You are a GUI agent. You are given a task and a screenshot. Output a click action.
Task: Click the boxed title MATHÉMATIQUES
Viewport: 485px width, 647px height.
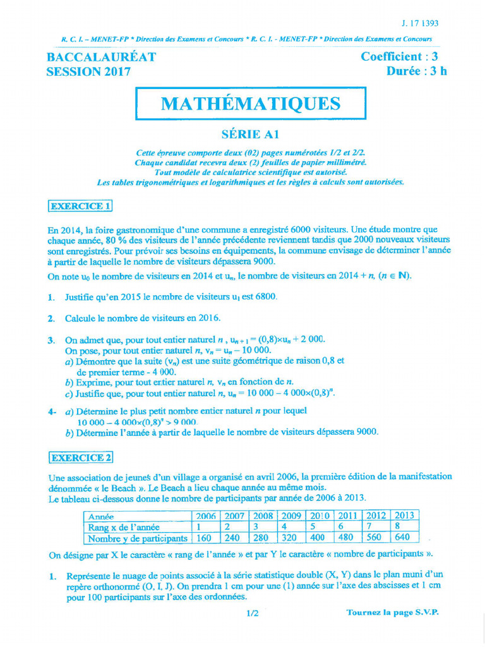pyautogui.click(x=251, y=104)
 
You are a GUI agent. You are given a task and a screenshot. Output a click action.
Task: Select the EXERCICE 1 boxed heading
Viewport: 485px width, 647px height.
pyautogui.click(x=80, y=206)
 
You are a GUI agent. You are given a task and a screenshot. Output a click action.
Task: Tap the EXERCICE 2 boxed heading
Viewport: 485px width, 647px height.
pyautogui.click(x=81, y=457)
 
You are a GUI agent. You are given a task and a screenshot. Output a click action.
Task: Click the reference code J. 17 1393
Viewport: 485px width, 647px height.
pyautogui.click(x=420, y=23)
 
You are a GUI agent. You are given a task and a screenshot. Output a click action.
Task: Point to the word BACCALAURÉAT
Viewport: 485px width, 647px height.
pyautogui.click(x=102, y=57)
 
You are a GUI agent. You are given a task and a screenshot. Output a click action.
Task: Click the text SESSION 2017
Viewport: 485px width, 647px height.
pyautogui.click(x=89, y=71)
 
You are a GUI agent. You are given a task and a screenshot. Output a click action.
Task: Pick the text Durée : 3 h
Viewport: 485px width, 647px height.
pyautogui.click(x=416, y=71)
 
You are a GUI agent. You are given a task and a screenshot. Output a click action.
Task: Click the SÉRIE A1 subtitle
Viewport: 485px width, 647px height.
pyautogui.click(x=250, y=134)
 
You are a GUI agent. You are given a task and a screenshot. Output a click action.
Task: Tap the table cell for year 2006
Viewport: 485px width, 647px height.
pyautogui.click(x=205, y=516)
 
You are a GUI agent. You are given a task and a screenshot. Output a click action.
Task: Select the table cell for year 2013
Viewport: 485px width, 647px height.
pyautogui.click(x=404, y=516)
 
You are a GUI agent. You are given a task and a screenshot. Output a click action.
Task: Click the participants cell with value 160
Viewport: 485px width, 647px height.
pyautogui.click(x=205, y=538)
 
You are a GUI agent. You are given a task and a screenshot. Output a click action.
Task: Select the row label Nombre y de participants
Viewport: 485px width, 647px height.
pyautogui.click(x=138, y=538)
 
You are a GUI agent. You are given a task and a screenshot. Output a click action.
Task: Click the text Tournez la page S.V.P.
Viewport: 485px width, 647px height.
pyautogui.click(x=392, y=612)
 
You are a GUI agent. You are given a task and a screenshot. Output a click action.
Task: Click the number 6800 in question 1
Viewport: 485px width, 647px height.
pyautogui.click(x=264, y=296)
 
